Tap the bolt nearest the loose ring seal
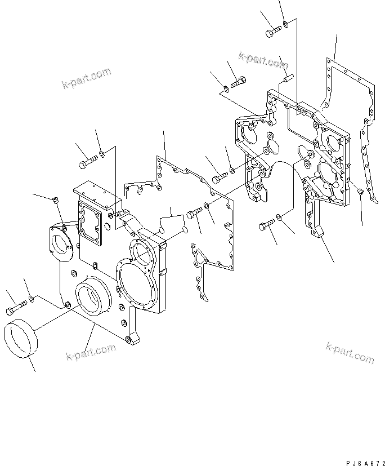click(17, 308)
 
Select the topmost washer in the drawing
click(285, 24)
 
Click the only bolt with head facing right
click(238, 82)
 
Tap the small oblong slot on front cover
click(95, 265)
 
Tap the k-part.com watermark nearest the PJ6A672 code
click(349, 352)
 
